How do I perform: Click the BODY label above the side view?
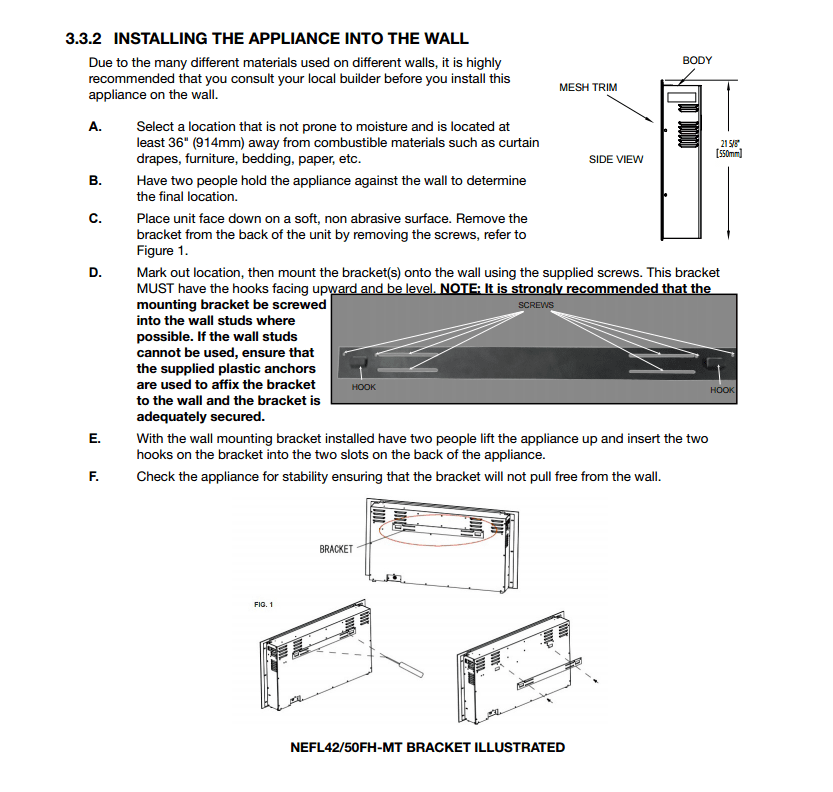(697, 61)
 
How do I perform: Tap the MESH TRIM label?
(588, 87)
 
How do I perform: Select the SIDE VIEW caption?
(616, 159)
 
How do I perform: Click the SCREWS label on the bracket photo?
(536, 305)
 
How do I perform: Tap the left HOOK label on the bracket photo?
(364, 386)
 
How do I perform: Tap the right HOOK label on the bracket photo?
(722, 390)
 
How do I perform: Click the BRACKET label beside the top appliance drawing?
(336, 549)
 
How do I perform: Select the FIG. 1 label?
(263, 604)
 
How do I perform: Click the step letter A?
(95, 127)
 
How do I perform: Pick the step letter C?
(95, 219)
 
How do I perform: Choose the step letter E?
(95, 439)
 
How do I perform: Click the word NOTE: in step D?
(459, 289)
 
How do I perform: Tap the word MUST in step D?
(155, 289)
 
